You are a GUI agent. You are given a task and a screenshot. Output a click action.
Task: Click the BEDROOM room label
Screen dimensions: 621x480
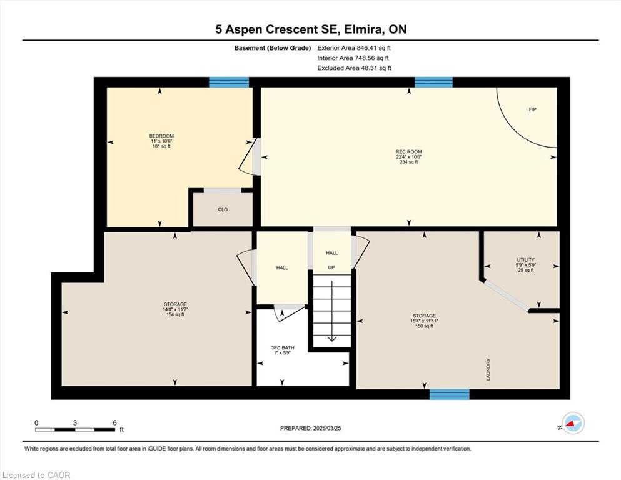pyautogui.click(x=161, y=136)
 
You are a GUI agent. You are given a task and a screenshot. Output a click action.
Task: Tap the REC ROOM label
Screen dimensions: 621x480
pyautogui.click(x=409, y=151)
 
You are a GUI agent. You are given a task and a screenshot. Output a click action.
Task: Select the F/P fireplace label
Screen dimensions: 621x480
pyautogui.click(x=533, y=109)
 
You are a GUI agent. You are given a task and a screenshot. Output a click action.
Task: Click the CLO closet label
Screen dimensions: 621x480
pyautogui.click(x=223, y=210)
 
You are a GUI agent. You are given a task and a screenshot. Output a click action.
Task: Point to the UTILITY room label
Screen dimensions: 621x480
pyautogui.click(x=525, y=260)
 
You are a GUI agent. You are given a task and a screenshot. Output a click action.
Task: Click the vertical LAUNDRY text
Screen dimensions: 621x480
pyautogui.click(x=488, y=369)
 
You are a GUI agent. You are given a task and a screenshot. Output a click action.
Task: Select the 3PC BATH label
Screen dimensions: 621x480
pyautogui.click(x=283, y=348)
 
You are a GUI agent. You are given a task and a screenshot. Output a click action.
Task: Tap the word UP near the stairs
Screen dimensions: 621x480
pyautogui.click(x=331, y=267)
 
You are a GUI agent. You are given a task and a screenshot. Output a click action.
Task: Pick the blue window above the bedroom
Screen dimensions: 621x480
pyautogui.click(x=229, y=82)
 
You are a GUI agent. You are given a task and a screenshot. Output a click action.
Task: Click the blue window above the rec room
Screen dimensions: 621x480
pyautogui.click(x=433, y=82)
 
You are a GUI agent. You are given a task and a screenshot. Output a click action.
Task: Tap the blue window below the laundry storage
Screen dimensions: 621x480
pyautogui.click(x=450, y=394)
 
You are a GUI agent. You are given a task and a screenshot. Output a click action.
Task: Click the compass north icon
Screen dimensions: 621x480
pyautogui.click(x=573, y=423)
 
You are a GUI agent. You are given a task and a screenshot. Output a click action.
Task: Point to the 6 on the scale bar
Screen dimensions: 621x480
pyautogui.click(x=115, y=422)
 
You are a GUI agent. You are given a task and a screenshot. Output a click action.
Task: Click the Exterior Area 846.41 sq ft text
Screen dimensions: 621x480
pyautogui.click(x=354, y=48)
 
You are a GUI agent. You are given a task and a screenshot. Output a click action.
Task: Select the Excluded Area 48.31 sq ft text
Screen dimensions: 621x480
pyautogui.click(x=354, y=68)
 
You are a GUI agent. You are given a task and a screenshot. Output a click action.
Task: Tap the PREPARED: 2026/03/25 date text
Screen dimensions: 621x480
pyautogui.click(x=310, y=428)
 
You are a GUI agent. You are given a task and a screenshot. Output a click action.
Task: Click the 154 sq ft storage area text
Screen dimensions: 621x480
pyautogui.click(x=175, y=314)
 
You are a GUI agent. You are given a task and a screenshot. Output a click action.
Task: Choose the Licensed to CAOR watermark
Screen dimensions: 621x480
pyautogui.click(x=36, y=475)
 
